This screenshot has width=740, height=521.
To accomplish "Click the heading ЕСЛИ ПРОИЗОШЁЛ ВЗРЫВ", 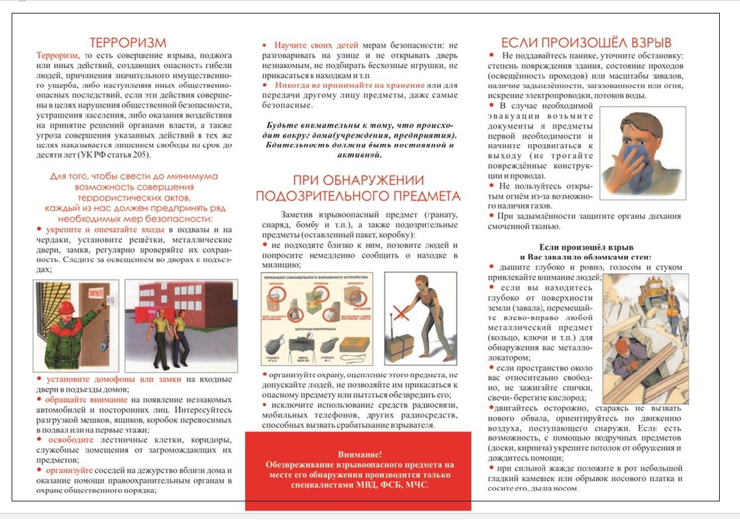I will (x=586, y=42).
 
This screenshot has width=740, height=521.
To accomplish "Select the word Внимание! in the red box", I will (x=360, y=455).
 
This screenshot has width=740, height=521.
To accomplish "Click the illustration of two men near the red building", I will (x=168, y=325).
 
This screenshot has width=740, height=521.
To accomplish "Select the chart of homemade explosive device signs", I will (x=316, y=319).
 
